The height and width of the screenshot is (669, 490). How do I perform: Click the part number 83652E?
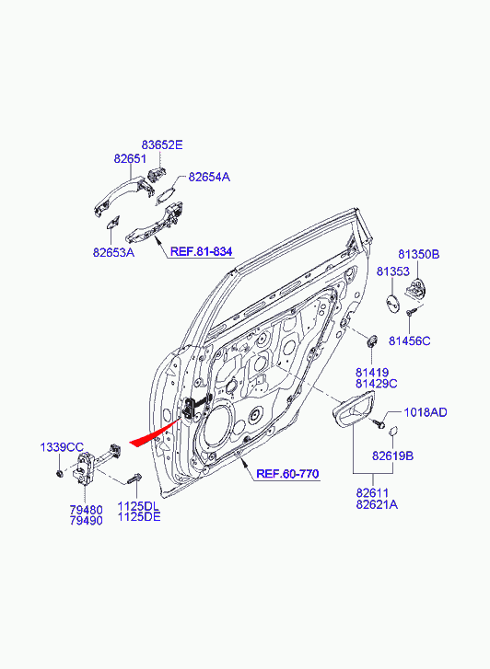[162, 144]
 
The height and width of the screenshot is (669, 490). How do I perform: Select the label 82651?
[130, 158]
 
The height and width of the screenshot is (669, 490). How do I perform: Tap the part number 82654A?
[209, 177]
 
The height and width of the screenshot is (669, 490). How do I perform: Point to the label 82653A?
[113, 252]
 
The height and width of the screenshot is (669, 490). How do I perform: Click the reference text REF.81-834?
[201, 251]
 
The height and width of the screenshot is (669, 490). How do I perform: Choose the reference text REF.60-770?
[287, 474]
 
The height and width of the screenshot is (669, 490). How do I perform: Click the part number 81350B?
[419, 254]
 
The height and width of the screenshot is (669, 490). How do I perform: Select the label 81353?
[393, 271]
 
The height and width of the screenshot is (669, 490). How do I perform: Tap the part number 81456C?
[410, 341]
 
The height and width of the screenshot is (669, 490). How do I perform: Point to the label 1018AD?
[426, 412]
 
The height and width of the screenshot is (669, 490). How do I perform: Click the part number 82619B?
[392, 456]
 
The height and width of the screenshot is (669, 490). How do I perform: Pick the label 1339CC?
[62, 447]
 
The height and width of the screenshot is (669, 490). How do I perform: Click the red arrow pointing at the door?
[156, 433]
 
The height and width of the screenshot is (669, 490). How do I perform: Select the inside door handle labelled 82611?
[353, 410]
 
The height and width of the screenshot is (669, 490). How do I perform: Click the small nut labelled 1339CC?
[59, 473]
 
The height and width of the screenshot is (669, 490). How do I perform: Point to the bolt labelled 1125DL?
[134, 479]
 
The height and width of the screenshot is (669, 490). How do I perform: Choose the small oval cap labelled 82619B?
[393, 431]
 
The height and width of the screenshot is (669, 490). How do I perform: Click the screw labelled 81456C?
[411, 311]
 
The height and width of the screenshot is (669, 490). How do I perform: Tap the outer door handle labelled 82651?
[124, 193]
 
